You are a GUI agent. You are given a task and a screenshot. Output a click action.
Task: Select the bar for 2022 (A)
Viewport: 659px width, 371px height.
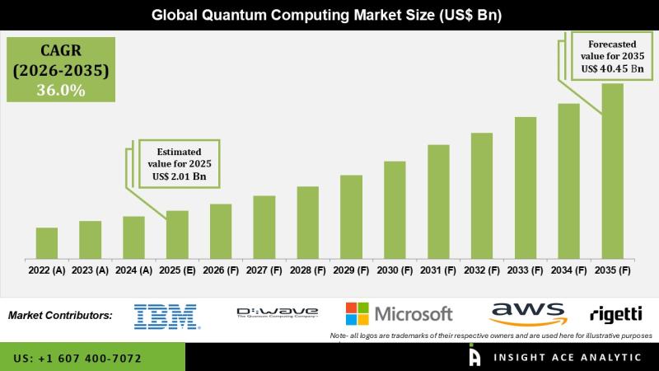point(47,242)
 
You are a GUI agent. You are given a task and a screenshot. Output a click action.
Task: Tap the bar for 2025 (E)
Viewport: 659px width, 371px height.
point(177,234)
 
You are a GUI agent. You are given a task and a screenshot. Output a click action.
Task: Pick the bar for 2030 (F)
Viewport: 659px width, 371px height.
point(395,209)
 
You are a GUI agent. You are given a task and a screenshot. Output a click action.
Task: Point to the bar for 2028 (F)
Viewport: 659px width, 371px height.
point(307,222)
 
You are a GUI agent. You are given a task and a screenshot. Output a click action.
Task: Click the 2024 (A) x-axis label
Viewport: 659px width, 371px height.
point(133,270)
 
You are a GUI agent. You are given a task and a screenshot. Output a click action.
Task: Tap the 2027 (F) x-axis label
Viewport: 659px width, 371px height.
point(264,270)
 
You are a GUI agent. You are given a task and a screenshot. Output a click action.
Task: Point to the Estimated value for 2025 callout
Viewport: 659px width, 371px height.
point(179,163)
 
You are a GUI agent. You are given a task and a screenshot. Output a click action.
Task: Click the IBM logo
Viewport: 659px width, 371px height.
point(166,316)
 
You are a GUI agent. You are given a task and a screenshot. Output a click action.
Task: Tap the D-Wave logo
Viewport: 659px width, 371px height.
point(277,312)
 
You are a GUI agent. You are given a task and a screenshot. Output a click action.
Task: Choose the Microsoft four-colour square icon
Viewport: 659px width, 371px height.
point(357,313)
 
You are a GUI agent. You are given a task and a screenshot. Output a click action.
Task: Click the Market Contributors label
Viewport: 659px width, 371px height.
point(60,315)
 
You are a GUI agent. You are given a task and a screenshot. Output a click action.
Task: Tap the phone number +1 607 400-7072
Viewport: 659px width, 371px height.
point(77,359)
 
